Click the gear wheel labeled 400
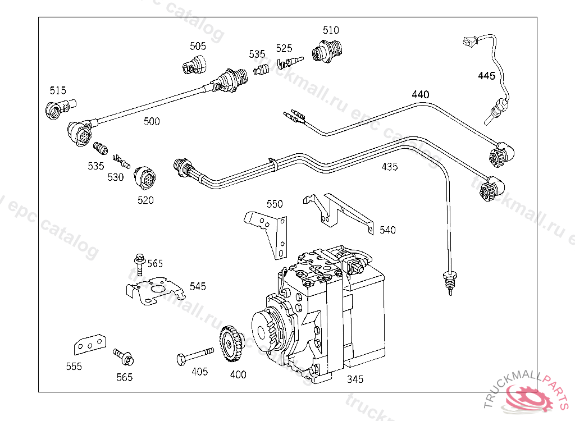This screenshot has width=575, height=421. click(x=231, y=344)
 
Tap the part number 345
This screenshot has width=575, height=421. click(x=355, y=379)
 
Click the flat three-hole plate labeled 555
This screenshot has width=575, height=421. click(x=90, y=345)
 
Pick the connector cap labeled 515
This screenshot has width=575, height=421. click(x=60, y=108)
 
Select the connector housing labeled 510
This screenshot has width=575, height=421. click(x=327, y=51)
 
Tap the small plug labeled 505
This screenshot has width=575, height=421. click(x=194, y=65)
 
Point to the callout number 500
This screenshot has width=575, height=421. click(x=152, y=121)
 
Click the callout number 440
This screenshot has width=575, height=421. click(x=420, y=95)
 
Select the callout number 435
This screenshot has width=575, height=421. click(x=390, y=167)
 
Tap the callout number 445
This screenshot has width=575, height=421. click(x=487, y=76)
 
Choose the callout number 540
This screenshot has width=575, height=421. click(x=387, y=230)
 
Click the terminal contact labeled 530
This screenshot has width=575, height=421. click(x=121, y=161)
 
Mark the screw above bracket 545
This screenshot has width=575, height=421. click(x=140, y=264)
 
